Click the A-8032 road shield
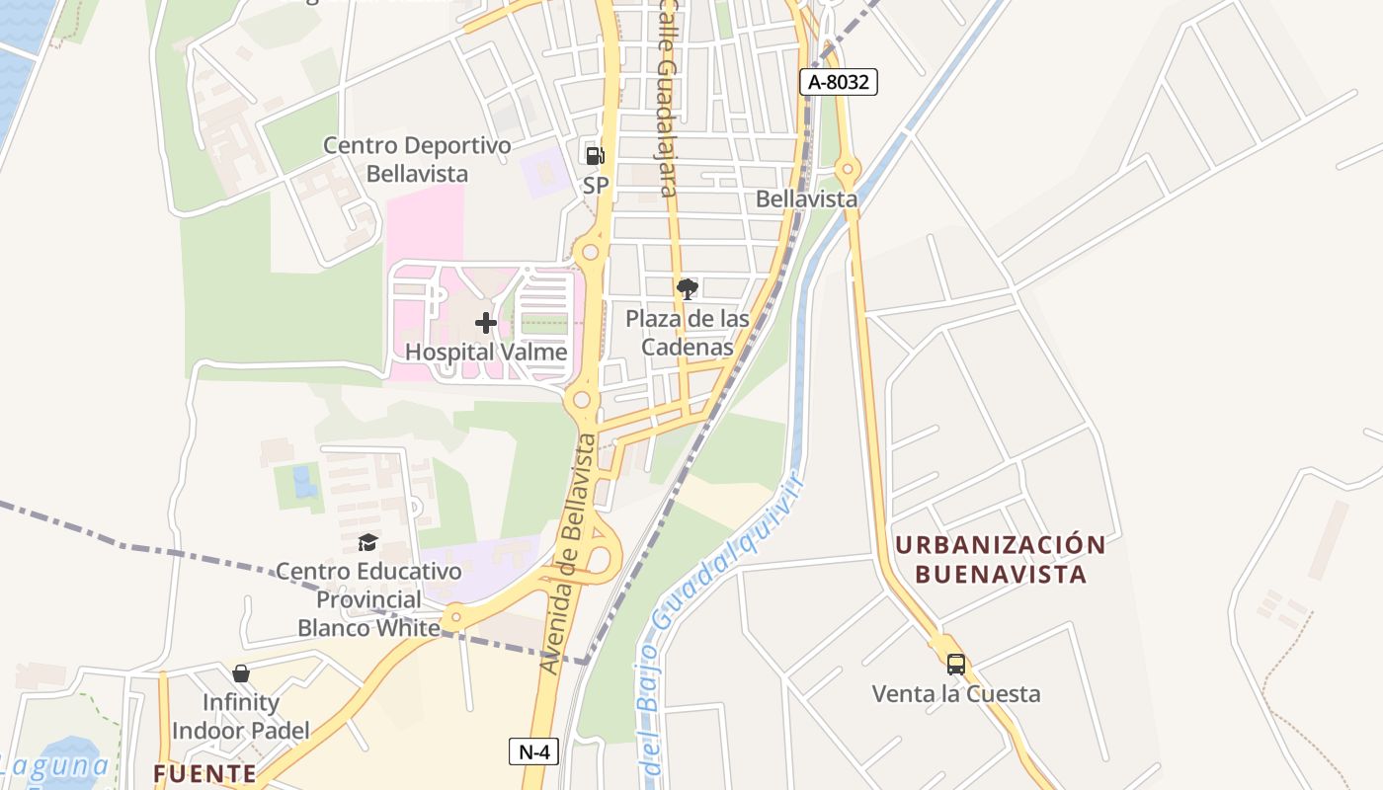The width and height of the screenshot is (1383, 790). (838, 82)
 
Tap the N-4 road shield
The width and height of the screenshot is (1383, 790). (533, 751)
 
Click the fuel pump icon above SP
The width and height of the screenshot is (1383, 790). (595, 155)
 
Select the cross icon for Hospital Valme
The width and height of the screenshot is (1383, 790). (485, 323)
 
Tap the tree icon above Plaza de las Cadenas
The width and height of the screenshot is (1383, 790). (688, 289)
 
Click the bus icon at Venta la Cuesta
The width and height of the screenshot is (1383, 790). (955, 664)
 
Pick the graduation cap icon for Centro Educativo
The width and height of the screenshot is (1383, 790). (367, 542)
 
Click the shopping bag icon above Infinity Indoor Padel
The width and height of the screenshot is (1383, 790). (240, 673)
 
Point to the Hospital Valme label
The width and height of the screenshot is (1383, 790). (486, 352)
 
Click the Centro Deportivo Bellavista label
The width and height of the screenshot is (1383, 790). (417, 160)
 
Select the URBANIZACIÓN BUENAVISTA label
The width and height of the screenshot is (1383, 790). (1000, 559)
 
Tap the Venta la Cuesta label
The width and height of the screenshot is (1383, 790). (955, 693)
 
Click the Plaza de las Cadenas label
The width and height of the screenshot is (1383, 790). (688, 333)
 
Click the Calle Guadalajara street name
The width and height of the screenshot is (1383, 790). (668, 99)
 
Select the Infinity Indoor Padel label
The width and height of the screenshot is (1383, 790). (240, 716)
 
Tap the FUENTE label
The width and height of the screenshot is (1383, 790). (204, 773)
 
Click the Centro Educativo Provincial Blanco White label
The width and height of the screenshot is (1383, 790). (368, 599)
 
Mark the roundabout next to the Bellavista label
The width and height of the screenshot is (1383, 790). (847, 169)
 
